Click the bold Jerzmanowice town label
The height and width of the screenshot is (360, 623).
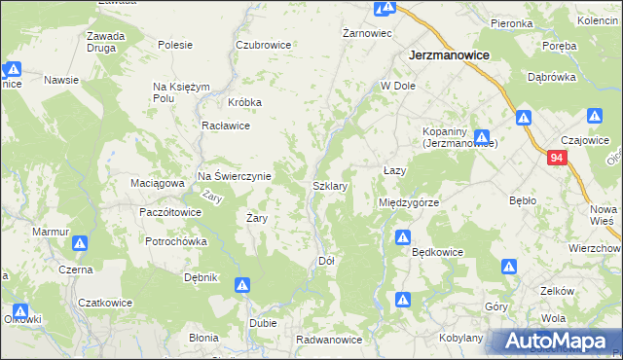click(449, 56)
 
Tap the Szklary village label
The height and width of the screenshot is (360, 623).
click(330, 185)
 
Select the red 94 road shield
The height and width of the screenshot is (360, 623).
click(556, 158)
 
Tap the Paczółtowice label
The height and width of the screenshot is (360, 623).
click(170, 211)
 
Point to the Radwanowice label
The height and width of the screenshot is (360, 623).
click(330, 340)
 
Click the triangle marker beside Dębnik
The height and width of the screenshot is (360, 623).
click(242, 285)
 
